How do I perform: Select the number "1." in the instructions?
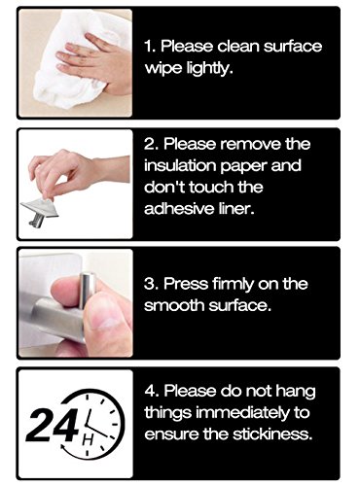(150, 47)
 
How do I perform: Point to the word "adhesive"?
(178, 208)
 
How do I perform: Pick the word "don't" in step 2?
(164, 187)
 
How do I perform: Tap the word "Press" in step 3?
(186, 284)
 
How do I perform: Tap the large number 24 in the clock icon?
(53, 425)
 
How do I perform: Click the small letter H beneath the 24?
(89, 439)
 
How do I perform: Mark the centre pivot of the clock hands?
(87, 424)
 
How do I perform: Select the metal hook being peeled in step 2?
(40, 211)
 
